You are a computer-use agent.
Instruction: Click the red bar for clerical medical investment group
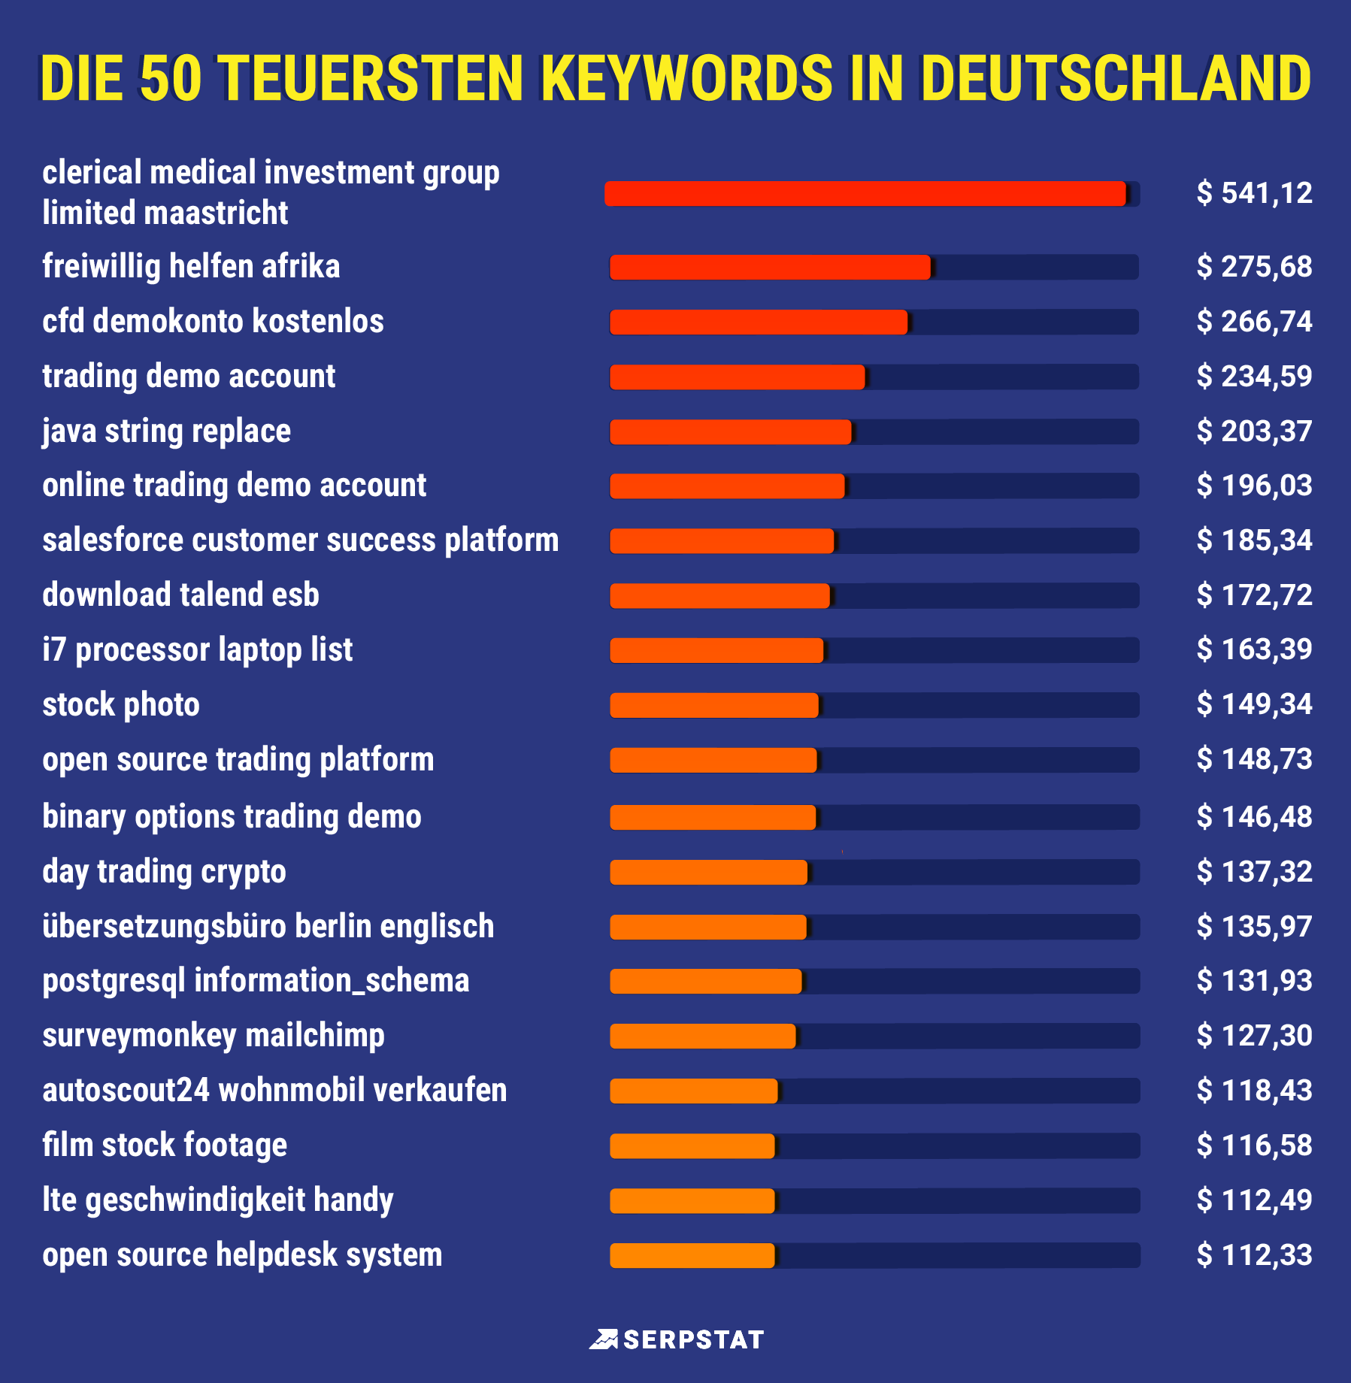pos(865,194)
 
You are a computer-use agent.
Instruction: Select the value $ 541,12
pos(1254,193)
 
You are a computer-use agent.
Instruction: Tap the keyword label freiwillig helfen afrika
pos(191,267)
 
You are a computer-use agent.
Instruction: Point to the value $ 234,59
pos(1254,376)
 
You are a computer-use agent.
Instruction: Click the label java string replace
pos(166,431)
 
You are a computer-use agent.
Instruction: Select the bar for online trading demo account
pos(727,486)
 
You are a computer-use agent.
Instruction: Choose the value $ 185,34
pos(1254,540)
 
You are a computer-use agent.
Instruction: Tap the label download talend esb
pos(180,595)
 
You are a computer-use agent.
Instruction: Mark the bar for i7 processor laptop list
pos(716,650)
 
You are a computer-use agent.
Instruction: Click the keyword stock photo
pos(121,705)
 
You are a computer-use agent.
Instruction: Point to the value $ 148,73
pos(1254,759)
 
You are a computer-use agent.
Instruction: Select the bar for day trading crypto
pos(708,872)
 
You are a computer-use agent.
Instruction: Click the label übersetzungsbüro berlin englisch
pos(268,926)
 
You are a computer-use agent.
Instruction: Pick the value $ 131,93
pos(1254,981)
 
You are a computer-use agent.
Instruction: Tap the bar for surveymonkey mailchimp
pos(702,1036)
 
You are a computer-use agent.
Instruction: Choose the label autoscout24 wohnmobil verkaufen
pos(274,1091)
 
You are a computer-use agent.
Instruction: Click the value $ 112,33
pos(1254,1255)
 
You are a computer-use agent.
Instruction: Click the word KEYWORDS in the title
pos(686,78)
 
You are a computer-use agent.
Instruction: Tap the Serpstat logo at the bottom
pos(676,1339)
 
